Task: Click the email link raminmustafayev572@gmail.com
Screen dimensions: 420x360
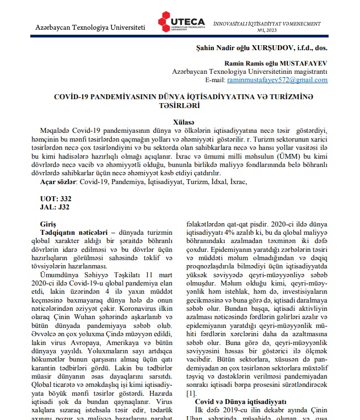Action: [277, 80]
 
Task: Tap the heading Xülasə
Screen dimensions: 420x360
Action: [180, 121]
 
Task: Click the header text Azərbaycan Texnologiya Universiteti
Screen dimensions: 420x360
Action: [90, 26]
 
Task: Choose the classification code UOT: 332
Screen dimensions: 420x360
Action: [56, 198]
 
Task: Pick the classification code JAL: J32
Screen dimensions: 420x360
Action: [55, 207]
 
